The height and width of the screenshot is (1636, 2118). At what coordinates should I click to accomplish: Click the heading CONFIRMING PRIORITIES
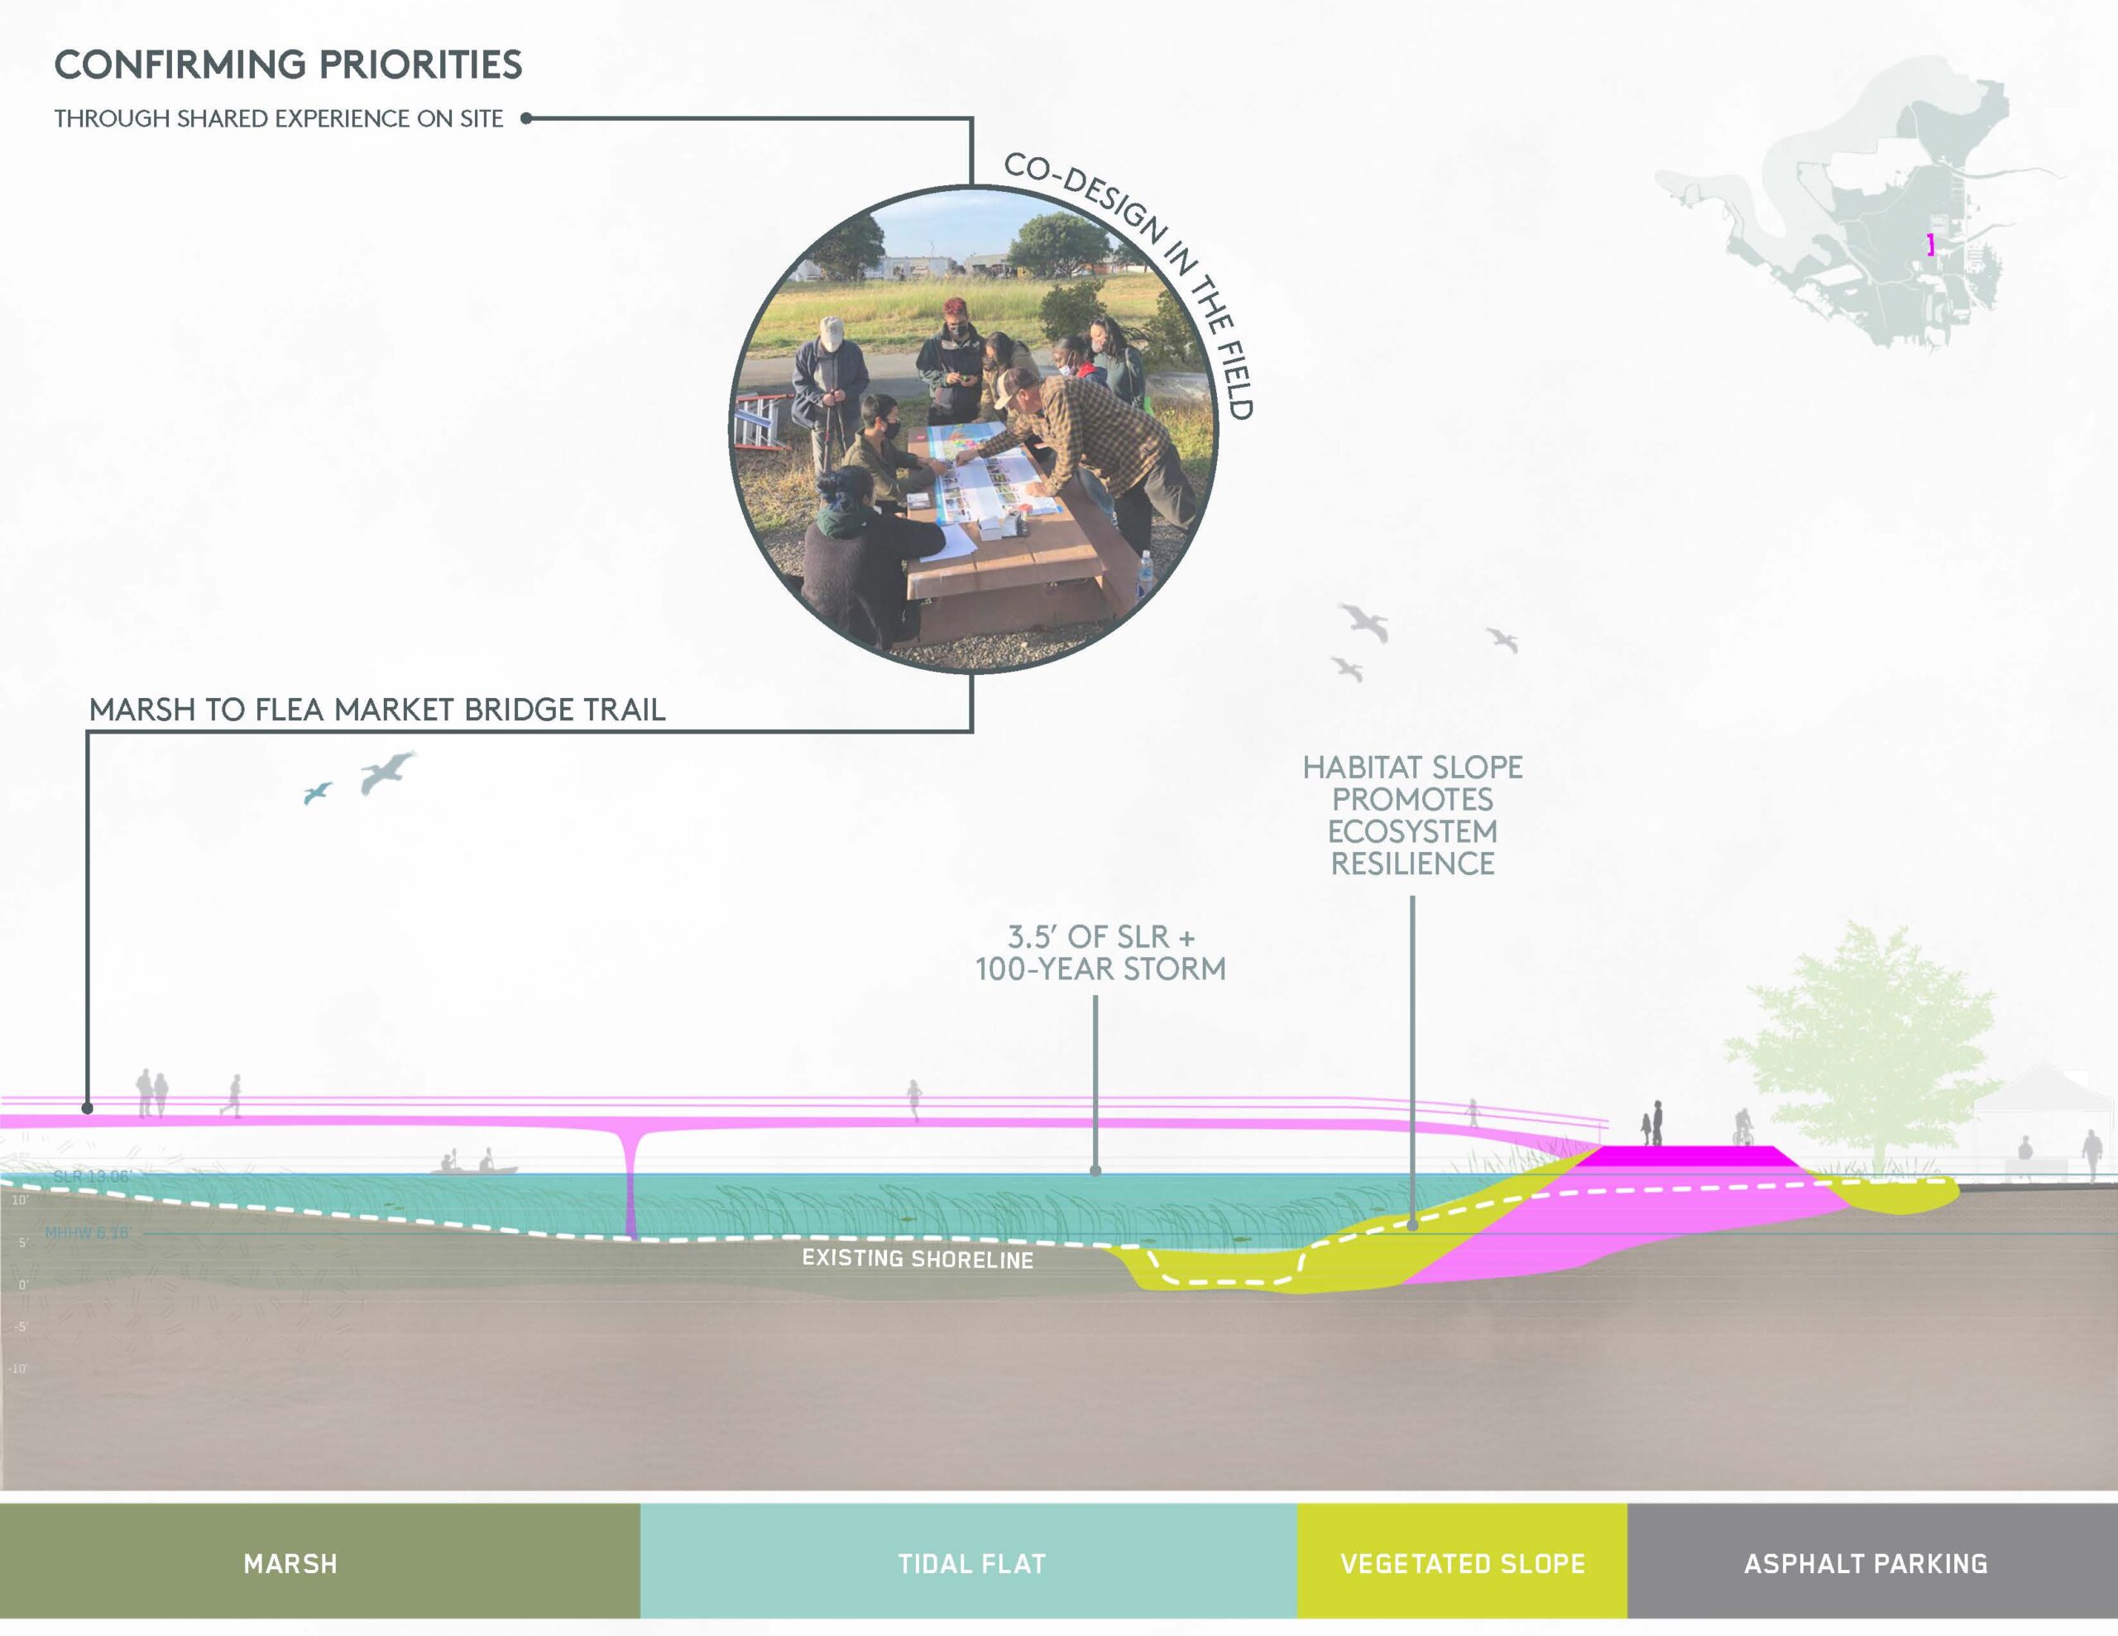click(x=288, y=65)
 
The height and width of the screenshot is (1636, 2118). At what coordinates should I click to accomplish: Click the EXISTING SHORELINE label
click(x=918, y=1259)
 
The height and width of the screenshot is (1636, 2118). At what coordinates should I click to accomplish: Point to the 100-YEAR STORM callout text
click(x=1100, y=969)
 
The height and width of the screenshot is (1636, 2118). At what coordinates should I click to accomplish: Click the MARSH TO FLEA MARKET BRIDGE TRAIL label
click(x=377, y=710)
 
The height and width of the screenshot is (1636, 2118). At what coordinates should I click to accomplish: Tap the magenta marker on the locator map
click(x=1931, y=246)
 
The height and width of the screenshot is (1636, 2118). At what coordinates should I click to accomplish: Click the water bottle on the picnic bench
click(x=1144, y=573)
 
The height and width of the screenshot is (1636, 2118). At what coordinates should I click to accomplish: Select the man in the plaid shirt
click(x=1096, y=437)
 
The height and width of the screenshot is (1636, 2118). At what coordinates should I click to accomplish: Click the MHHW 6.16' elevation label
click(x=86, y=1232)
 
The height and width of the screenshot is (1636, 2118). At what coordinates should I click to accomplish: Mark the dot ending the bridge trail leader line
click(x=87, y=1107)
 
